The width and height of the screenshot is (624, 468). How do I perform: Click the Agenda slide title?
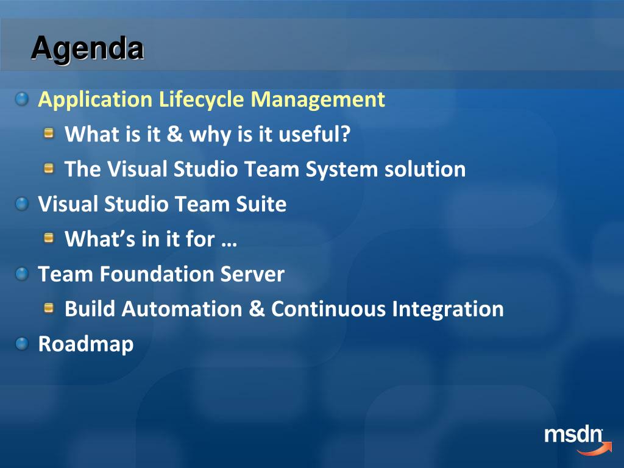click(87, 49)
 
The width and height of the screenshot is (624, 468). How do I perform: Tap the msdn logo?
click(578, 440)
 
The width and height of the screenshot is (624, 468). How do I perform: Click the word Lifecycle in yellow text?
click(201, 99)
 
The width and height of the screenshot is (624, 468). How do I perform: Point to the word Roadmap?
click(86, 344)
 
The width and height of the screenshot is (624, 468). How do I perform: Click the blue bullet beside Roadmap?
click(22, 344)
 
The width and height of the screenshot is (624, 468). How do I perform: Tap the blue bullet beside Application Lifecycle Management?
click(22, 99)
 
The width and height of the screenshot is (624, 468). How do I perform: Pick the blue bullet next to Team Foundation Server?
click(22, 274)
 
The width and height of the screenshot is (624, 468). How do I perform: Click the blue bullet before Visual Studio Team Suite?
click(22, 204)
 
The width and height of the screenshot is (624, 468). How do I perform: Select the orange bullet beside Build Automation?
click(49, 308)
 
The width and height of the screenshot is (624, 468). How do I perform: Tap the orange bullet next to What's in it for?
click(49, 238)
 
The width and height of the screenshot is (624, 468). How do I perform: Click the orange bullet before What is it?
click(49, 133)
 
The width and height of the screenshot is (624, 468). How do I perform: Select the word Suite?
click(261, 204)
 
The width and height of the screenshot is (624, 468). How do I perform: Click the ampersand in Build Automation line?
click(257, 309)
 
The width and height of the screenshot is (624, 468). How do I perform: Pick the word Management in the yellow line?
click(318, 99)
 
